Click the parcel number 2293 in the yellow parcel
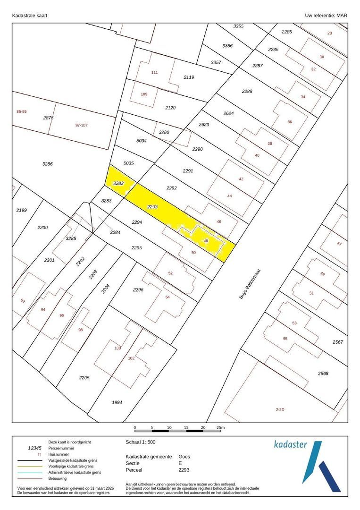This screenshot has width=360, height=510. [x=152, y=207]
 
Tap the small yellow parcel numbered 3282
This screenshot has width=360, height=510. [x=118, y=183]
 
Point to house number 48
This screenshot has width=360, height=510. [x=206, y=241]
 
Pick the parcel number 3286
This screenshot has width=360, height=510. [x=47, y=164]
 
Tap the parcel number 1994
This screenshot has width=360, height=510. [x=117, y=402]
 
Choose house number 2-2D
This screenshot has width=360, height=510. [x=280, y=409]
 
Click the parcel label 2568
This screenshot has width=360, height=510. [x=323, y=374]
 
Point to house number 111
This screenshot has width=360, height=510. [x=154, y=72]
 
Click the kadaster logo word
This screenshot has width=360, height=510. [x=290, y=444]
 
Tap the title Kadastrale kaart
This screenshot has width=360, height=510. [x=29, y=16]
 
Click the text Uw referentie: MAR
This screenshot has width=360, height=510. [x=326, y=16]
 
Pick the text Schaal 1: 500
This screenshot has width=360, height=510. [x=141, y=442]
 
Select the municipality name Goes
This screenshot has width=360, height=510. [x=184, y=457]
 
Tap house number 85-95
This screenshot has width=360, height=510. [x=21, y=111]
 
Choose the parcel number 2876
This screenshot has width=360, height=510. [x=48, y=118]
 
